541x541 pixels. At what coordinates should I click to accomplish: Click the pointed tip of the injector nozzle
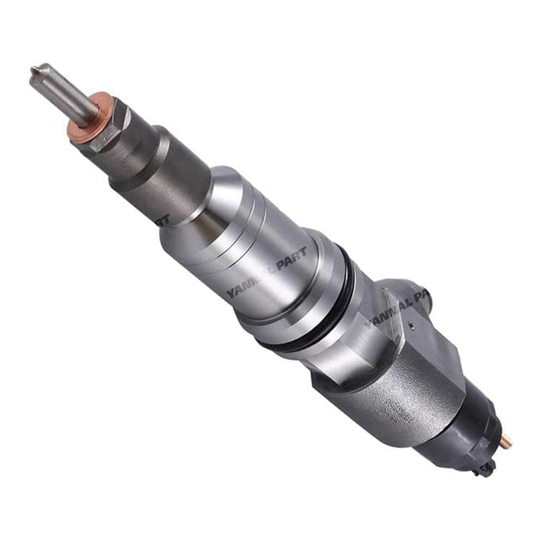tap(34, 70)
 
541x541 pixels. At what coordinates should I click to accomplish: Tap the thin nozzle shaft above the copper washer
tap(63, 93)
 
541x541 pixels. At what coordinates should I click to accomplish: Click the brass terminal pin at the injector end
tap(506, 443)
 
